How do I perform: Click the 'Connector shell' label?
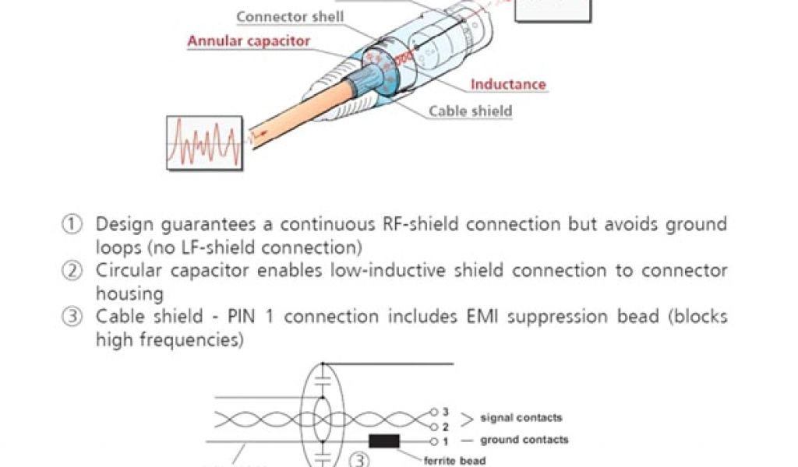[x=290, y=16]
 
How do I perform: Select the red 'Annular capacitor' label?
[x=249, y=41]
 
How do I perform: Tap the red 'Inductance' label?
[x=508, y=84]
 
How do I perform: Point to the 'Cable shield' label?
[x=470, y=111]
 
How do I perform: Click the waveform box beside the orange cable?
[x=204, y=142]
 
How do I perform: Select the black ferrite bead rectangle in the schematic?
[x=384, y=441]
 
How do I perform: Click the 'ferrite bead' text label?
[x=455, y=461]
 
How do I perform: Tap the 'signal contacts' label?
[x=521, y=418]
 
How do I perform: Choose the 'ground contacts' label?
[x=524, y=440]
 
